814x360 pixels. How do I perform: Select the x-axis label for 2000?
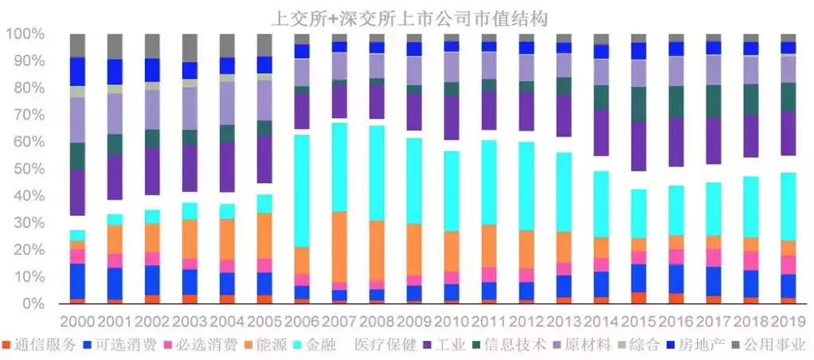pyautogui.click(x=77, y=322)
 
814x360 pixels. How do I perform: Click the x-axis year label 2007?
pyautogui.click(x=340, y=322)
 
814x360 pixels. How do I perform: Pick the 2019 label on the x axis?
pyautogui.click(x=788, y=322)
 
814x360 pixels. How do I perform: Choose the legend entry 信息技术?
pyautogui.click(x=517, y=346)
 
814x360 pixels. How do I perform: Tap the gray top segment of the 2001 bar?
pyautogui.click(x=115, y=46)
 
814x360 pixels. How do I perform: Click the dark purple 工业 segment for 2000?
pyautogui.click(x=77, y=192)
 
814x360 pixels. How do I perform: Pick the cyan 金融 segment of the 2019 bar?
pyautogui.click(x=788, y=206)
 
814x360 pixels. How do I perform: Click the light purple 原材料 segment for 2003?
pyautogui.click(x=190, y=108)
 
